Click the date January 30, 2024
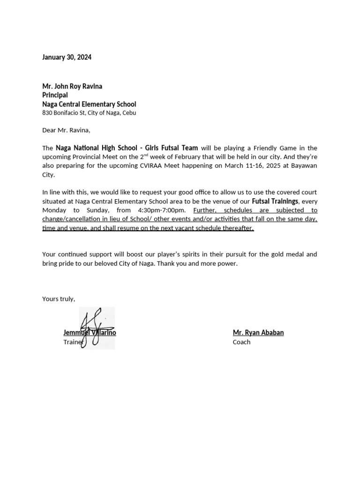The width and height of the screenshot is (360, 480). pyautogui.click(x=67, y=57)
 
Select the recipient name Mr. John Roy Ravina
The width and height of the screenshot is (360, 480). pyautogui.click(x=72, y=86)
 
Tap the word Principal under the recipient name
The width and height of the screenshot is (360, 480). pyautogui.click(x=55, y=95)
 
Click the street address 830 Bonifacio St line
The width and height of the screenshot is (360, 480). pyautogui.click(x=89, y=113)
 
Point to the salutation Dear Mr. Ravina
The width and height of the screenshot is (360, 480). pyautogui.click(x=66, y=130)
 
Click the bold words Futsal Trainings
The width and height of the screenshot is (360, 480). pyautogui.click(x=275, y=201)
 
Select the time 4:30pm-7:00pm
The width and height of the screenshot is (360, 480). pyautogui.click(x=162, y=210)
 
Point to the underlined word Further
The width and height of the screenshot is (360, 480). pyautogui.click(x=205, y=210)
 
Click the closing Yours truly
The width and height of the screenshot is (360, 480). pyautogui.click(x=58, y=299)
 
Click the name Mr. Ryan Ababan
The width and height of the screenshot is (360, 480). pyautogui.click(x=258, y=333)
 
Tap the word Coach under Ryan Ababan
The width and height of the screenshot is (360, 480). pyautogui.click(x=241, y=342)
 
